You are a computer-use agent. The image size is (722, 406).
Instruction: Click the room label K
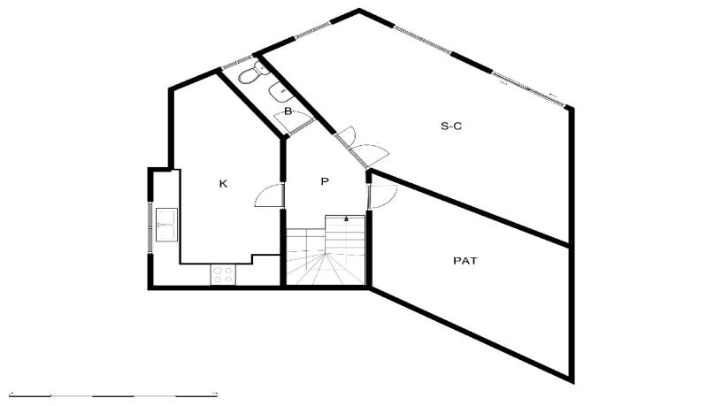point(223,184)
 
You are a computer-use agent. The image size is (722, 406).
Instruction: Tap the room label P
point(325,181)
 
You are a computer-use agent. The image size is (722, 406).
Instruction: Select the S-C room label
point(451,126)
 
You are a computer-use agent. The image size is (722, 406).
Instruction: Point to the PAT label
point(465,261)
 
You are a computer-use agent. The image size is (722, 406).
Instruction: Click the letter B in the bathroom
point(288,111)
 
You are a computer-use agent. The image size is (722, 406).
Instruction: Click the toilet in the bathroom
point(254,73)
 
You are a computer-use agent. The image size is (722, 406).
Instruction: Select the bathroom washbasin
point(280,92)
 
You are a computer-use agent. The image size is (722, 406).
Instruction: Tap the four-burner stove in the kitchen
point(223,275)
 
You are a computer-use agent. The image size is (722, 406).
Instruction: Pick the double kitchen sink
point(166,225)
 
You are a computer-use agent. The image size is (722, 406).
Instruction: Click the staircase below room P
point(326,250)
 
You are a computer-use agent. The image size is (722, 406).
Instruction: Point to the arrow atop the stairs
point(346,218)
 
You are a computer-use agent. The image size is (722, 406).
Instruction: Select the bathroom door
point(295,122)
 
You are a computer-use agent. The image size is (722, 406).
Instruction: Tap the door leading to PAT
point(382,196)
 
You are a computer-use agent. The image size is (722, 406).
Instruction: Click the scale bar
point(113,395)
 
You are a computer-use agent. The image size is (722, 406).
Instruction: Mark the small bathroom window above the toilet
point(238,63)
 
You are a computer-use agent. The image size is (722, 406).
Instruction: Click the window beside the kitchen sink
point(150,227)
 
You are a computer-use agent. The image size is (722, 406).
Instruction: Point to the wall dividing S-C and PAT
point(470,208)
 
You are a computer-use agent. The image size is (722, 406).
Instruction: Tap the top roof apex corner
point(359,9)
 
